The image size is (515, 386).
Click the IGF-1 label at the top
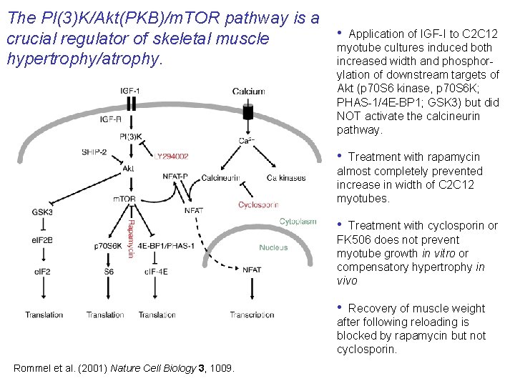[x=130, y=91]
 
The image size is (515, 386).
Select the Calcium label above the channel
[x=248, y=91]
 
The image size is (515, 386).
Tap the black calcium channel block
[x=248, y=112]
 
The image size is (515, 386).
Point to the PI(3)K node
[x=129, y=136]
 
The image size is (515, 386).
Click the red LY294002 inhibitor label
[x=171, y=155]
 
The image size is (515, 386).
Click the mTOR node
[x=124, y=199]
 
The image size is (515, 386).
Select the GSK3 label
[x=42, y=212]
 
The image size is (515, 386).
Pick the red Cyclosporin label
[x=258, y=205]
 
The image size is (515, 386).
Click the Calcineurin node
[x=220, y=178]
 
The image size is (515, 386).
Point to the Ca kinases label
[x=285, y=178]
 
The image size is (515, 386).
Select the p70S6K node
[x=109, y=246]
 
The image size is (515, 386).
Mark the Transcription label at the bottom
[x=252, y=315]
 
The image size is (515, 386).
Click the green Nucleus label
[x=273, y=247]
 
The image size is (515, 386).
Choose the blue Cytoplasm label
[x=298, y=222]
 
